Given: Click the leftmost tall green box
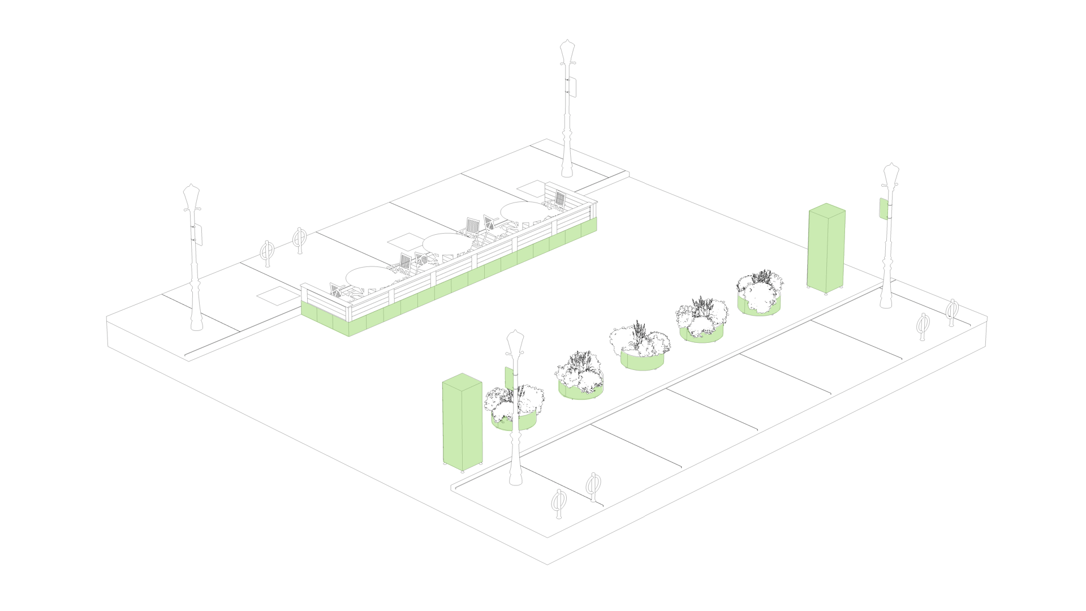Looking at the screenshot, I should (462, 427).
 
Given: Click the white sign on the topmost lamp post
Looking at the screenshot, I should (572, 87).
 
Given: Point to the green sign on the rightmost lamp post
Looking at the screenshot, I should (883, 208).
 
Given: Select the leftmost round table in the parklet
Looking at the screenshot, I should (370, 277).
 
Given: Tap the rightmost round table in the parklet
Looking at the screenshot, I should (523, 211).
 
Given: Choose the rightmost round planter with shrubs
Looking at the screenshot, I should (759, 294).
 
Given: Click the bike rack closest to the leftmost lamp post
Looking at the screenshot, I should (267, 252).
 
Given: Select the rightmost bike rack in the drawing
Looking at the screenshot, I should (952, 311).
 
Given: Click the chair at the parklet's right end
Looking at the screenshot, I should (559, 200).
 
